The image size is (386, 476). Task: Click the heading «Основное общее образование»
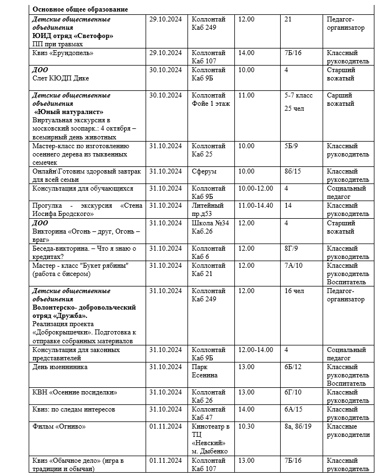pos(80,9)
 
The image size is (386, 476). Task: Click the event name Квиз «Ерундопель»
pos(63,53)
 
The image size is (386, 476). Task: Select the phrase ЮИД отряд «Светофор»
pos(73,36)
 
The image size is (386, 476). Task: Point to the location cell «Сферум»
pos(203,171)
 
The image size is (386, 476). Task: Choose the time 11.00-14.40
pos(255,205)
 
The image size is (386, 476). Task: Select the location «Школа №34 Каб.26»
pos(208,227)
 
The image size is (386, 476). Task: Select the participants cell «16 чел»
pos(295,290)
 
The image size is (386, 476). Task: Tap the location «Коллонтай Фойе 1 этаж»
pos(211,99)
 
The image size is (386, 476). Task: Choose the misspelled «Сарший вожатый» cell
pos(340,99)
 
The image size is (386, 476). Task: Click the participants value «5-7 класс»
pos(298,95)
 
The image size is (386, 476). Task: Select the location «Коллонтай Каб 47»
pos(208,413)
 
